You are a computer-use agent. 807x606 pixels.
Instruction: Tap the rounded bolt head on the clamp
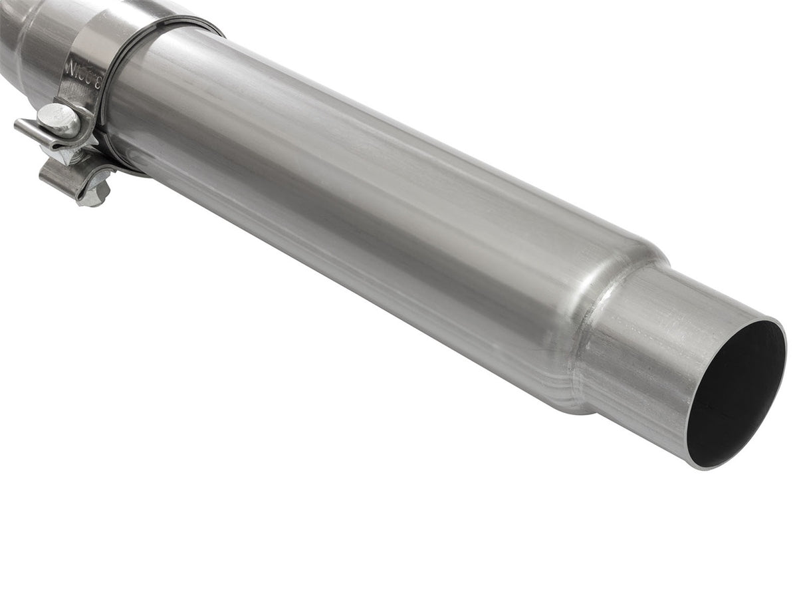58,120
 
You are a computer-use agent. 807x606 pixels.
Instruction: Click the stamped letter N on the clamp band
70,67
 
